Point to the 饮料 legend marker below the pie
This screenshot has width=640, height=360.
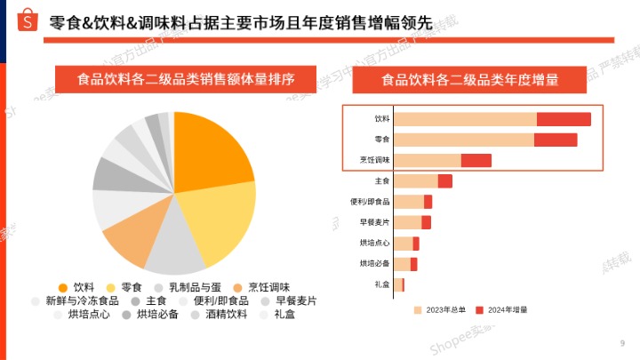pos(62,287)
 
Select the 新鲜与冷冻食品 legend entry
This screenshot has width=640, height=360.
pos(75,300)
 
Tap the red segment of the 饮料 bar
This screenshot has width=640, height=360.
pos(564,119)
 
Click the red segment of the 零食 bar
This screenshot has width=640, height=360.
pos(556,140)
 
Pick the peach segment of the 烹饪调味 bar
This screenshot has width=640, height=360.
pos(428,160)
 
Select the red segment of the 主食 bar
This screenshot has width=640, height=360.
pos(445,181)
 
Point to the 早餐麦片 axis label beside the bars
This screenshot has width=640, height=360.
pos(374,222)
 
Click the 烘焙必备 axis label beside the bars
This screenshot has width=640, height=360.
pos(374,263)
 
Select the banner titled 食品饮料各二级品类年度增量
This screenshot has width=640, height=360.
pos(470,79)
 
